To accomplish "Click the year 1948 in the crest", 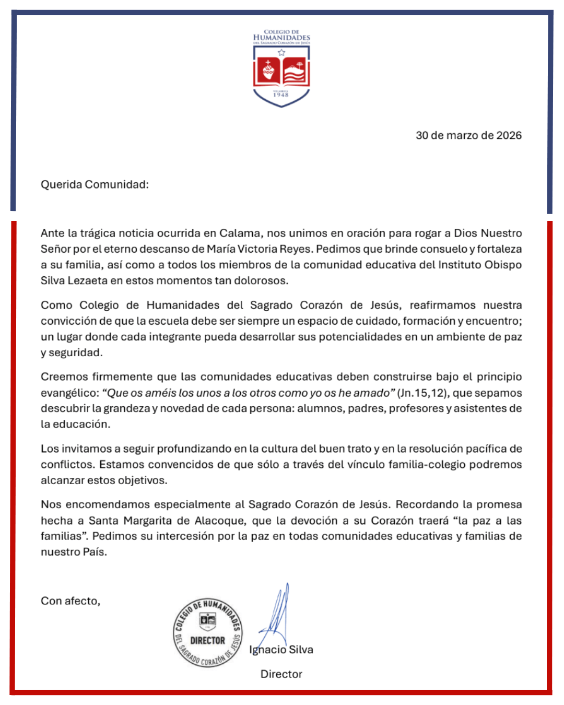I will [281, 95].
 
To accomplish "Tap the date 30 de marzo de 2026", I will [468, 135].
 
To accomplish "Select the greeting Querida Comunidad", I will [95, 184].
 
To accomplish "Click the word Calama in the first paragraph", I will [239, 233].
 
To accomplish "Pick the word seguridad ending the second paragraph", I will [75, 352].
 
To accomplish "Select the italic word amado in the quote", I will [374, 393].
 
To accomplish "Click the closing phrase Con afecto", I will [70, 601].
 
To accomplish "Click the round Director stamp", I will [208, 632].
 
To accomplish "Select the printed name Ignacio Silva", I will [281, 650].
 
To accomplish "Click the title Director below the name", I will [281, 674].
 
